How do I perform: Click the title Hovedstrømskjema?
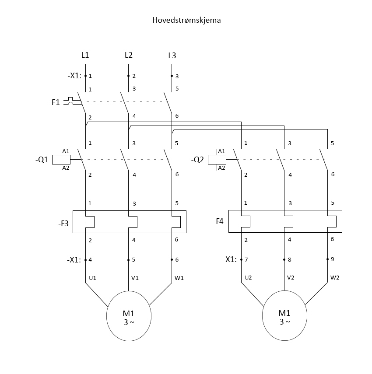coord(186,20)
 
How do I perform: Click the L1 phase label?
coord(85,55)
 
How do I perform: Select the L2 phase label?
coord(129,55)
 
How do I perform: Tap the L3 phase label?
coord(172,56)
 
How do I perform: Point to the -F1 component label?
coord(54,102)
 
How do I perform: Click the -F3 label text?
coord(63,224)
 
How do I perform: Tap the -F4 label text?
coord(218,221)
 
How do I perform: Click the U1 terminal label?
coord(93,278)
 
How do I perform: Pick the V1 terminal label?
coord(135,278)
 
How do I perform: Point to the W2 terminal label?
coord(335,277)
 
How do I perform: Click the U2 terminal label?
coord(249,277)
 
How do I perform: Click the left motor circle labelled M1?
coord(106,316)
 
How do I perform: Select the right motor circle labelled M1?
coord(262,315)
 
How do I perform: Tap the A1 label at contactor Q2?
coord(222,151)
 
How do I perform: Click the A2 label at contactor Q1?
coord(66,168)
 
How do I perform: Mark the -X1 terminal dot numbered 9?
coord(328,259)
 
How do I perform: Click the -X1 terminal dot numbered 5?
coord(128,260)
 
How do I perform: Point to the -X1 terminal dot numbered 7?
coord(241,259)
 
